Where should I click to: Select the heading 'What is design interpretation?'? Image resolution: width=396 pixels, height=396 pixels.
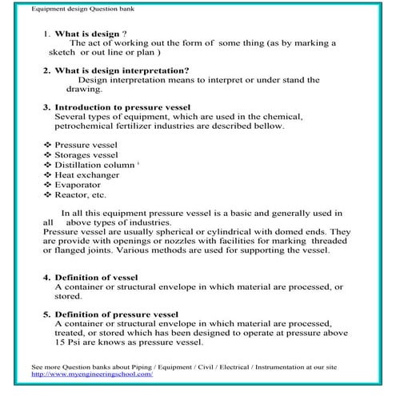(x=121, y=70)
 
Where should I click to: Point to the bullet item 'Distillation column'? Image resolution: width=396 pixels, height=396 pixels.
(x=95, y=164)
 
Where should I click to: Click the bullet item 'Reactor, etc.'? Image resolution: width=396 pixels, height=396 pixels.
(x=80, y=194)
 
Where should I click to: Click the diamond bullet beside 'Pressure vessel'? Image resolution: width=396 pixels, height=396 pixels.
(x=47, y=145)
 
